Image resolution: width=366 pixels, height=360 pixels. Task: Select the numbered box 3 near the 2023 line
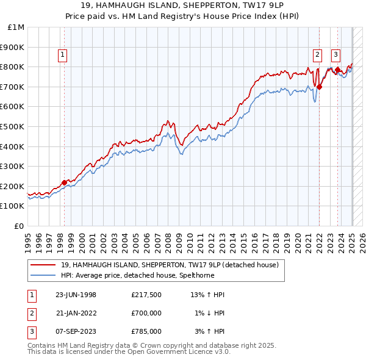pyautogui.click(x=335, y=54)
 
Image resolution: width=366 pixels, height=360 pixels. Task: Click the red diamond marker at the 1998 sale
pyautogui.click(x=65, y=182)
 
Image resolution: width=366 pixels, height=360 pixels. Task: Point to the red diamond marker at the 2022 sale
pyautogui.click(x=319, y=87)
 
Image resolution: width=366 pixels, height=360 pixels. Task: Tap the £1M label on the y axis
pyautogui.click(x=16, y=27)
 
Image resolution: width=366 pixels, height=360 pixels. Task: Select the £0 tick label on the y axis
pyautogui.click(x=20, y=226)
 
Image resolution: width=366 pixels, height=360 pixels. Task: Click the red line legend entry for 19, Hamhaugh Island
pyautogui.click(x=170, y=265)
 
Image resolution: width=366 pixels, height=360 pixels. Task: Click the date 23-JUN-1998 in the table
pyautogui.click(x=76, y=295)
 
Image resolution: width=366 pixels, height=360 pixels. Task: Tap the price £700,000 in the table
pyautogui.click(x=146, y=313)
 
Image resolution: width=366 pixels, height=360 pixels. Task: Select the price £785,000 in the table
pyautogui.click(x=146, y=331)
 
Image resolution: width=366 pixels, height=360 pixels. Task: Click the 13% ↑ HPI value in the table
pyautogui.click(x=207, y=295)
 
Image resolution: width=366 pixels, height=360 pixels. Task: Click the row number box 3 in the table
pyautogui.click(x=31, y=331)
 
